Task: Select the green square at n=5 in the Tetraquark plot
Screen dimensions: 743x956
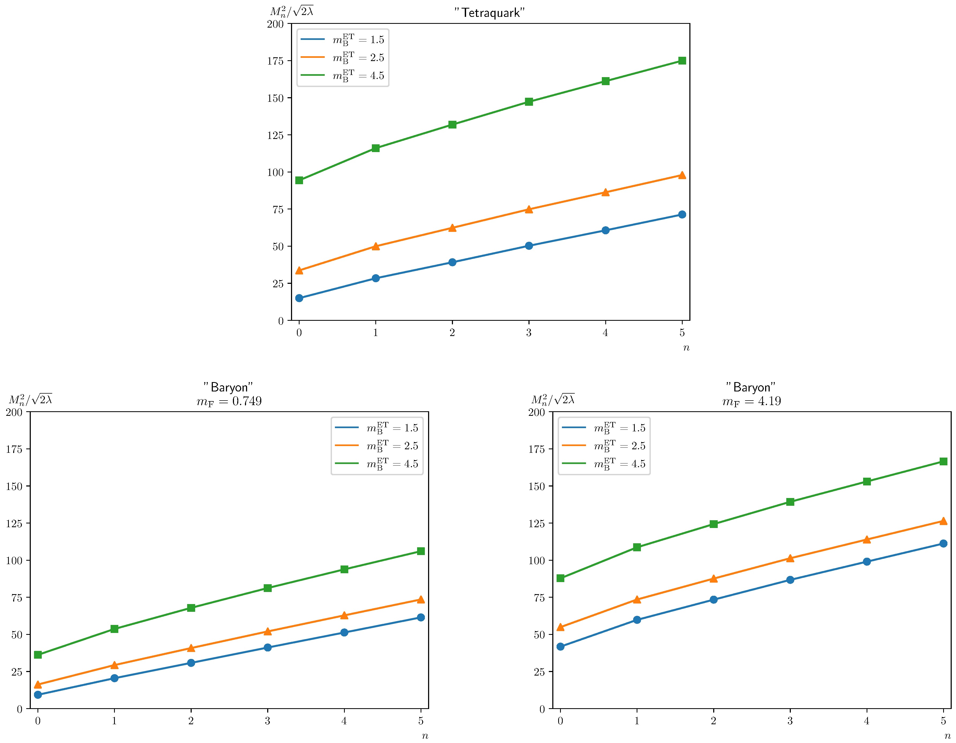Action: click(x=682, y=61)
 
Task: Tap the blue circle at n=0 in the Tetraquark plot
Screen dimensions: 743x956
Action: click(x=299, y=298)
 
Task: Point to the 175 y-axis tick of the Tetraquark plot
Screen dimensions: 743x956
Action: click(x=275, y=61)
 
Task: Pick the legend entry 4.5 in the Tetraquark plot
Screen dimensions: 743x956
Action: click(x=358, y=75)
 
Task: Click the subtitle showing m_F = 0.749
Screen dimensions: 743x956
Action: click(x=229, y=401)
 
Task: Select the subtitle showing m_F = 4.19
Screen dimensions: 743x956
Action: click(x=751, y=401)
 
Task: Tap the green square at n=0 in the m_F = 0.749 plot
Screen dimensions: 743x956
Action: click(x=38, y=655)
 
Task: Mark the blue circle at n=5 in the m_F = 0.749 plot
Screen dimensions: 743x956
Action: click(x=421, y=617)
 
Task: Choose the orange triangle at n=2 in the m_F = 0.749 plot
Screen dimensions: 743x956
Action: click(x=191, y=648)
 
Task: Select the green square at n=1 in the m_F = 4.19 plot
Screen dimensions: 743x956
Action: click(x=637, y=547)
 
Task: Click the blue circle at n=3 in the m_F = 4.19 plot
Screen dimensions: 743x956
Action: click(x=790, y=580)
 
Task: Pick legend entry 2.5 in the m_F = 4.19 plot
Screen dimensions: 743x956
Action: click(x=619, y=446)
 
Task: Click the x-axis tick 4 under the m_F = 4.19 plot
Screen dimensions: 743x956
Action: click(x=867, y=721)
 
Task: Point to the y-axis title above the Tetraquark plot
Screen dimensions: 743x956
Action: click(x=292, y=12)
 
